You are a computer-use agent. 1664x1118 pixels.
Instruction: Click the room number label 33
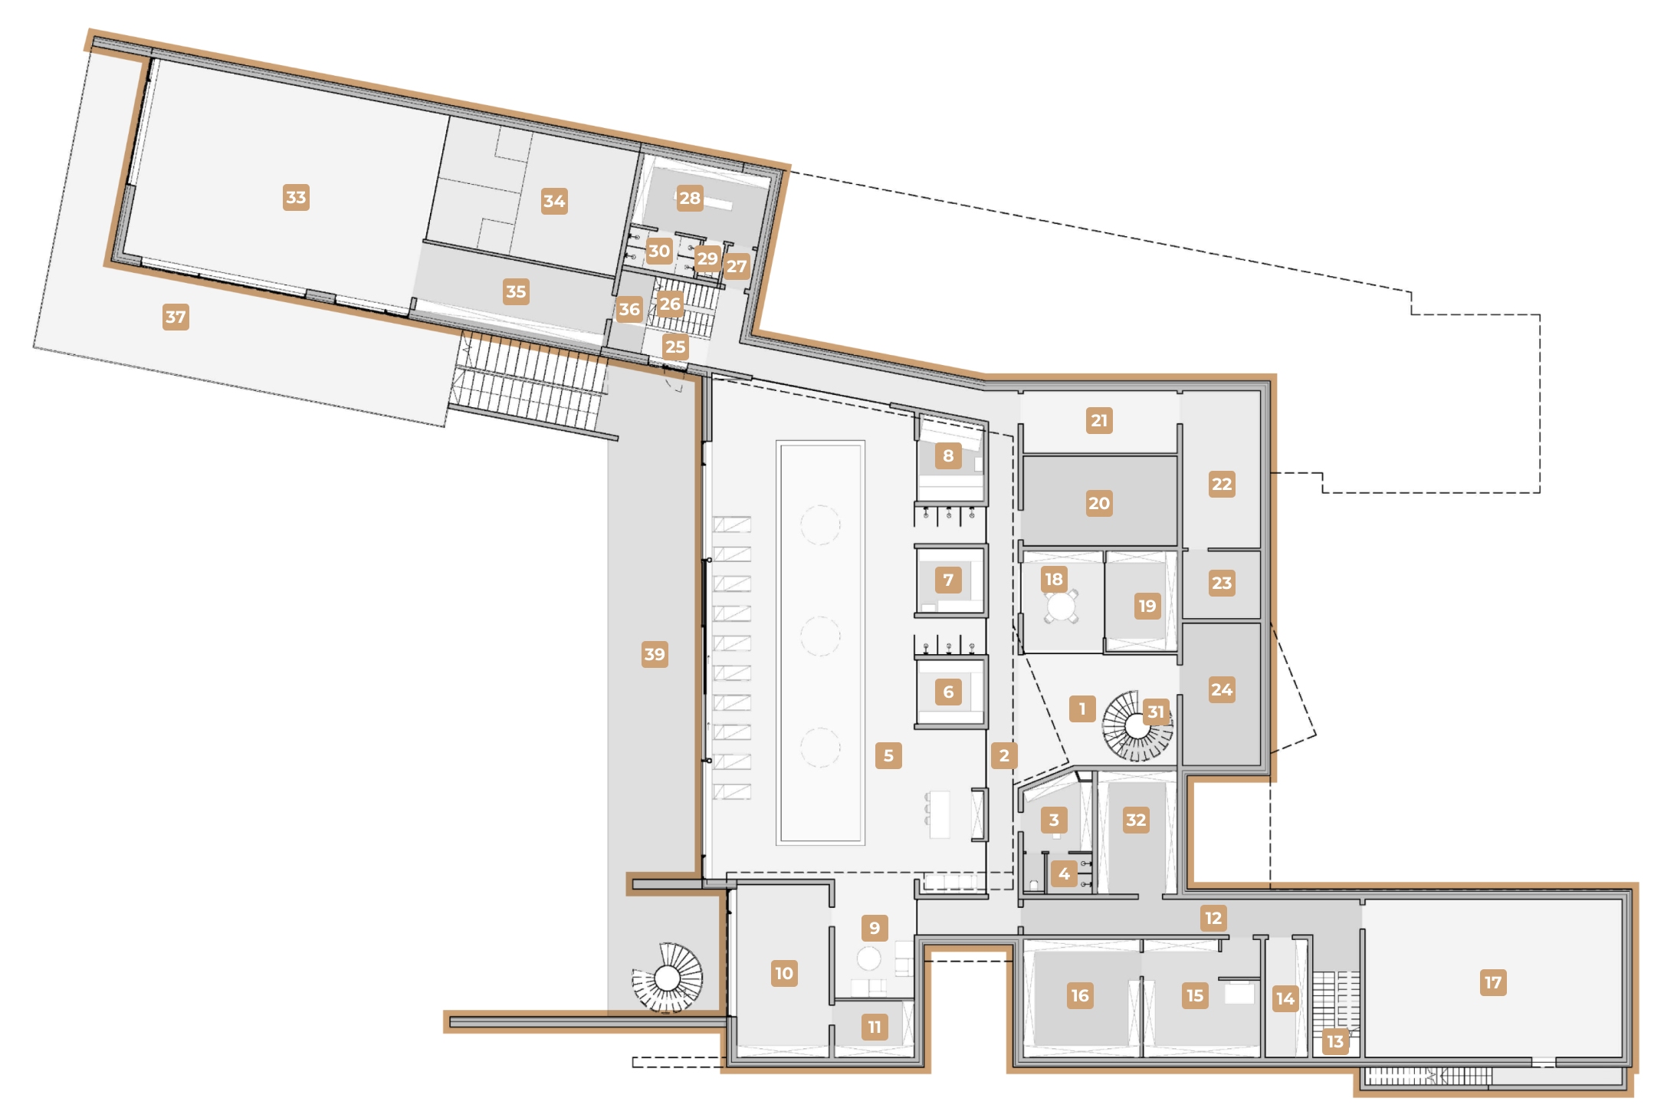pos(296,197)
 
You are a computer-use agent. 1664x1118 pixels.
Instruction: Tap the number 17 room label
pos(1493,982)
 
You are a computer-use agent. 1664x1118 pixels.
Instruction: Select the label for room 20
pos(1099,503)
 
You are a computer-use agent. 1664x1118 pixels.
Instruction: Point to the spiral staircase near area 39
pos(668,978)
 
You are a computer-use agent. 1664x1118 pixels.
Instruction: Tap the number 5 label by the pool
pos(888,755)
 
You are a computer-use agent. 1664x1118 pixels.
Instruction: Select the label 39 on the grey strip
pos(655,654)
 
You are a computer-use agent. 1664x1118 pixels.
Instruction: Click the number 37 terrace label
pos(176,317)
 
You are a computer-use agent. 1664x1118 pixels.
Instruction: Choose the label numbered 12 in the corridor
pos(1213,918)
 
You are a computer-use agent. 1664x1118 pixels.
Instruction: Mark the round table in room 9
pos(868,958)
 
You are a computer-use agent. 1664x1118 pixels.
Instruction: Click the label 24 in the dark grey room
pos(1222,689)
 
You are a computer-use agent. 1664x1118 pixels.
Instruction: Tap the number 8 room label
pos(948,455)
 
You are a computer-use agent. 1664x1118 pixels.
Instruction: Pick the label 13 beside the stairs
pos(1335,1041)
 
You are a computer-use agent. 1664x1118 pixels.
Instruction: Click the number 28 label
pos(690,198)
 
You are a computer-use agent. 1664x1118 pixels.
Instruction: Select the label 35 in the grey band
pos(516,291)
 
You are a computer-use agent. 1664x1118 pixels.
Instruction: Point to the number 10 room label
pos(784,973)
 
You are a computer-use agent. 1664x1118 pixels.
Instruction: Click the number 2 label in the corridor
pos(1004,755)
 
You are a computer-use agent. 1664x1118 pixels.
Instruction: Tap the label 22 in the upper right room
pos(1222,484)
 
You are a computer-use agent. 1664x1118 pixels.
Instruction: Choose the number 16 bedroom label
pos(1080,995)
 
